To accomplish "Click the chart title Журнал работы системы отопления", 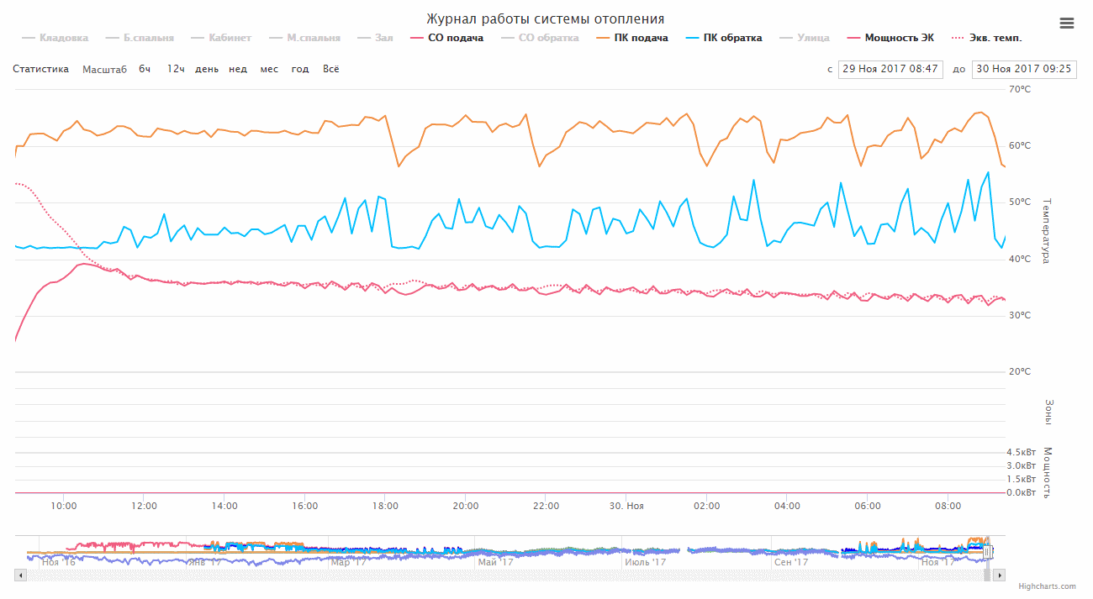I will click(x=545, y=18).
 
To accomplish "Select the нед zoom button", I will click(x=238, y=69).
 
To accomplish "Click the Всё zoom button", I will click(x=331, y=69).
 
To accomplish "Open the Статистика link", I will click(x=40, y=69).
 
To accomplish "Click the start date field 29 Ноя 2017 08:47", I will click(x=890, y=69).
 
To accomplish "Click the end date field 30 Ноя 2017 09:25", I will click(x=1023, y=69).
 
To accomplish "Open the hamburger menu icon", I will click(x=1067, y=24).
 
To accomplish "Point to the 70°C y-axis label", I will click(x=1020, y=89).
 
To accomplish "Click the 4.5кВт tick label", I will click(x=1021, y=452).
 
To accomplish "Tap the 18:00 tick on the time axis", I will click(x=385, y=506).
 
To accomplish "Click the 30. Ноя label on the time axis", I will click(x=626, y=506).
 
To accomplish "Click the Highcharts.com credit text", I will click(x=1047, y=586).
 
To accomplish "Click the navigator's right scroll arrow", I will click(x=999, y=575).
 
